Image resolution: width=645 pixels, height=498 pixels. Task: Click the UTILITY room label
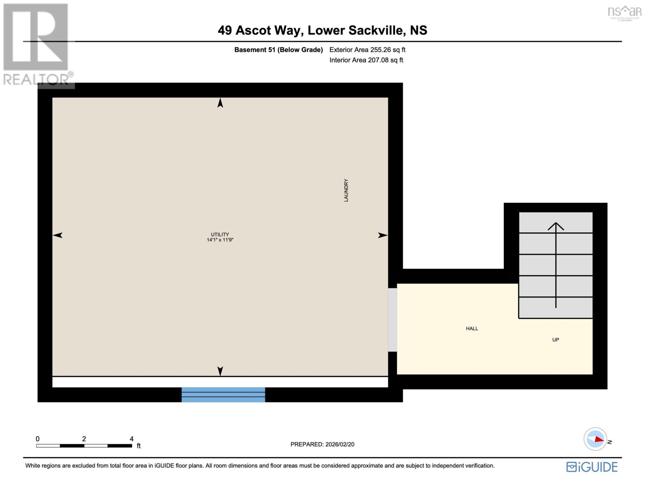coord(220,234)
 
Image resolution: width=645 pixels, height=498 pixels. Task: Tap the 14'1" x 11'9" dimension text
coord(220,240)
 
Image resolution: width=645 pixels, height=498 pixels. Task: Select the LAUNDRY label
coord(346,190)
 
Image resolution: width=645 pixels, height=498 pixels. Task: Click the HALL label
coord(472,329)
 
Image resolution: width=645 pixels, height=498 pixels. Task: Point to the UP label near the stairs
coord(555,340)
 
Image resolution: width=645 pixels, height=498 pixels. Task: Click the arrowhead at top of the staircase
coord(556,227)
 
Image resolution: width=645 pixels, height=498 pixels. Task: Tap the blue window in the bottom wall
coord(223,394)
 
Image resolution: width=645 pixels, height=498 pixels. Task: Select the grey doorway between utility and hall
coord(392,320)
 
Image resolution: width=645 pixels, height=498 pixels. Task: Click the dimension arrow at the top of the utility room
coord(220,103)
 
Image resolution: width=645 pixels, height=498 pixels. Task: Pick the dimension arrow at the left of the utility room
coord(58,235)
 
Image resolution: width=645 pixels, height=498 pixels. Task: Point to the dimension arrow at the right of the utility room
coord(383,235)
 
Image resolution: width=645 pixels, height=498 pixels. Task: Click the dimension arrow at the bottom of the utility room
coord(220,371)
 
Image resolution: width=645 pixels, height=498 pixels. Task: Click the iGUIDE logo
coord(592,467)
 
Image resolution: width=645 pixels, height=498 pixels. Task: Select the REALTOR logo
coord(36,45)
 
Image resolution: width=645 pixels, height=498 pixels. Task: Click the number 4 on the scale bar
coord(132,439)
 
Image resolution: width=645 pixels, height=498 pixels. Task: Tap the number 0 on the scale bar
coord(38,439)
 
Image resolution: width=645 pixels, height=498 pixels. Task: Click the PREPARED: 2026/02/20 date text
coord(322,444)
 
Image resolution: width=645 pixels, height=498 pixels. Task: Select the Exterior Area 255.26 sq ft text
coord(367,50)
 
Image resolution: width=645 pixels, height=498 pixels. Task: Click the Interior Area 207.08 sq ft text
coord(366,60)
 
